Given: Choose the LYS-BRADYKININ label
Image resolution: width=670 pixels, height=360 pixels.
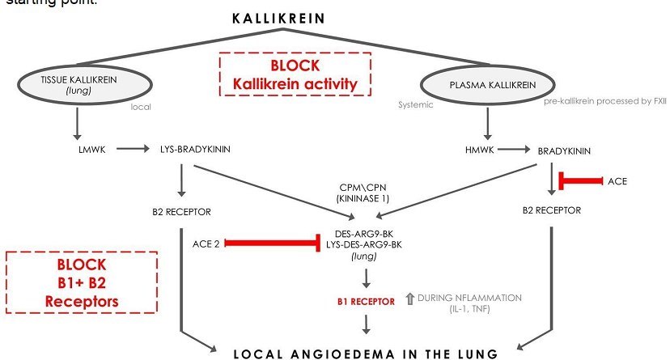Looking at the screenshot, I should point(202,150).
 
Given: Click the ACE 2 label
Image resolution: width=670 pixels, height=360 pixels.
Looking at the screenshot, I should point(206,243).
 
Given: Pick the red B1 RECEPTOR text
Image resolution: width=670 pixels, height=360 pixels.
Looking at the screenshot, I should point(366,301).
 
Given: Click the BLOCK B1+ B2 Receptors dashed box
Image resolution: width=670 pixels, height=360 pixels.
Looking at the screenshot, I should point(82,282).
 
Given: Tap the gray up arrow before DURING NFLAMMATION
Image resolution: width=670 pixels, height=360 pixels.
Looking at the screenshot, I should point(408,300).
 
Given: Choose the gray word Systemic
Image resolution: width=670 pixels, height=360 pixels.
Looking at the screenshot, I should point(417,104).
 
